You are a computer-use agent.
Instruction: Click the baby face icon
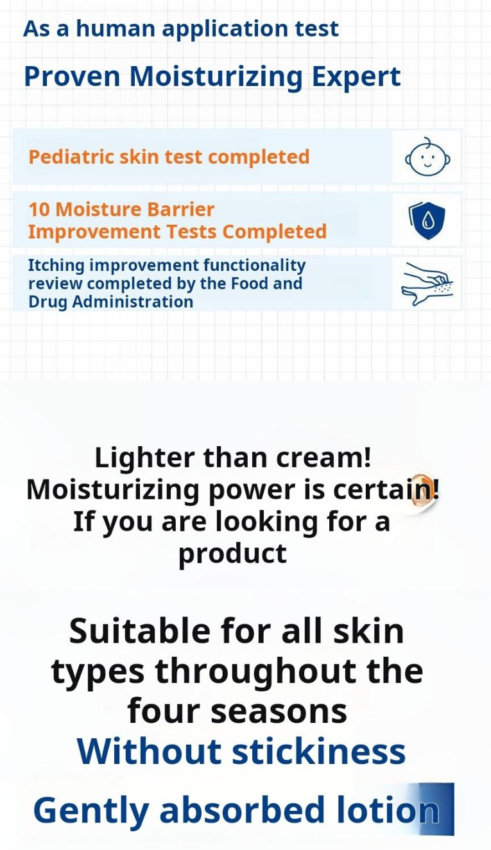(427, 157)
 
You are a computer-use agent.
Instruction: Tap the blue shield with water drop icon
(426, 220)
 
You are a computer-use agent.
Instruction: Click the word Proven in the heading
(72, 76)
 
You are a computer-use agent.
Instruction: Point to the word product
(232, 553)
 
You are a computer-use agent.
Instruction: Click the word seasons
(279, 712)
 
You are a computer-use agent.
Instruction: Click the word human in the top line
(116, 28)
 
